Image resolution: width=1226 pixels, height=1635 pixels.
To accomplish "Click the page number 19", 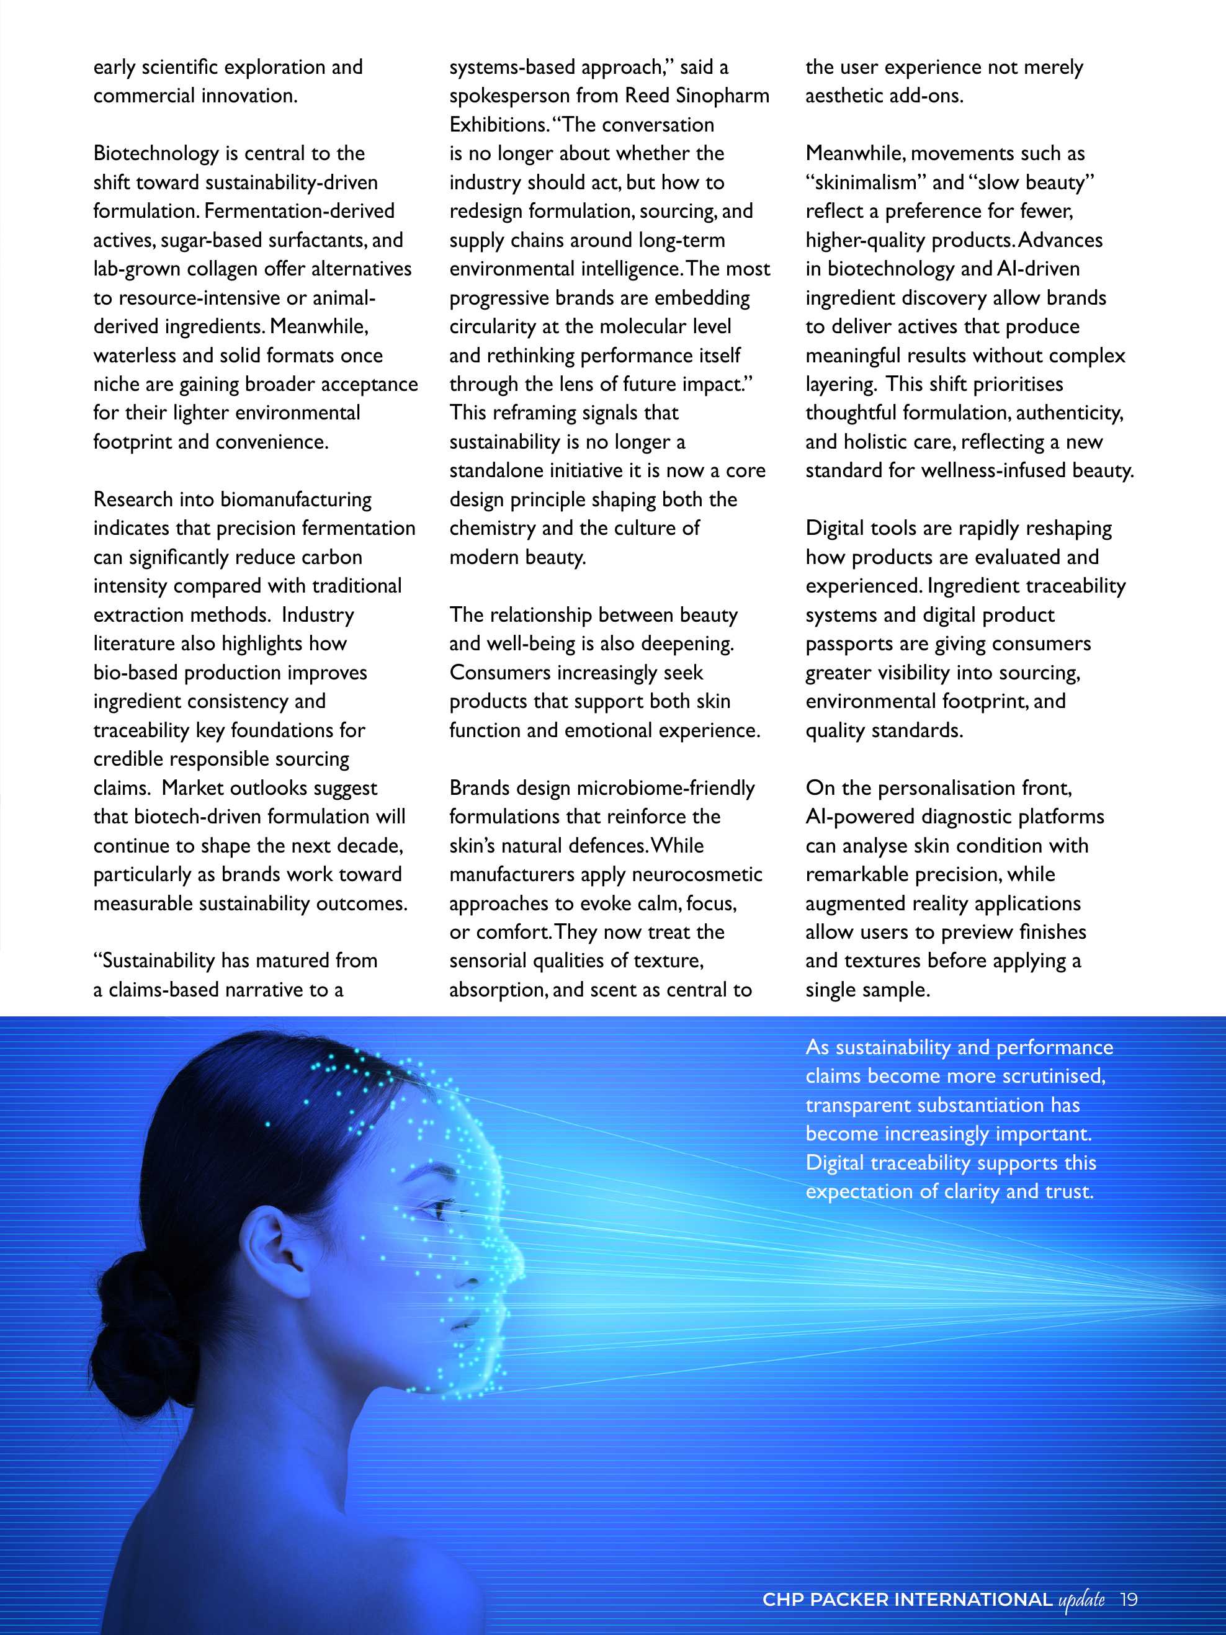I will (1129, 1600).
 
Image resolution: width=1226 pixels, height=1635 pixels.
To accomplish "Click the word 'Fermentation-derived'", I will (299, 212).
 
